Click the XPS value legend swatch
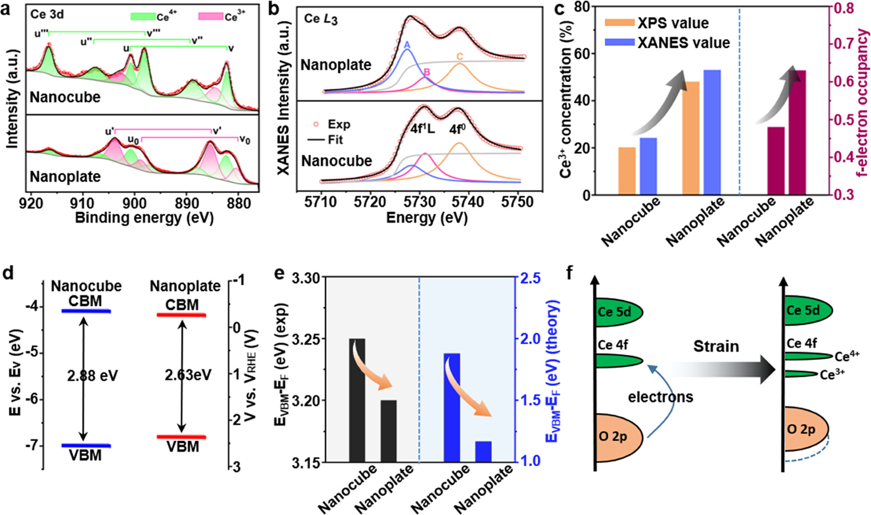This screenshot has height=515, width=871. (x=619, y=23)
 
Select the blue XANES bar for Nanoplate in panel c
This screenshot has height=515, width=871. (x=712, y=132)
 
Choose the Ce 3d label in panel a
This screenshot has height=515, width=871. (x=47, y=14)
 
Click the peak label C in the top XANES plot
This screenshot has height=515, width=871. (x=459, y=57)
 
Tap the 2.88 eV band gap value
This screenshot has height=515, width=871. (x=93, y=375)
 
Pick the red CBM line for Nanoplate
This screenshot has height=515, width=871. (x=181, y=315)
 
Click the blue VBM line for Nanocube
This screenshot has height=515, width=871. (x=86, y=445)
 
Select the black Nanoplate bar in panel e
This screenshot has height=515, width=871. (x=389, y=431)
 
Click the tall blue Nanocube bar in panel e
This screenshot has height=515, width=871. (x=452, y=408)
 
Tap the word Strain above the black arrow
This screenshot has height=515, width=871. (x=716, y=346)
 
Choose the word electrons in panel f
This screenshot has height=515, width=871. (x=660, y=397)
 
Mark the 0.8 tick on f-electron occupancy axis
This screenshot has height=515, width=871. (x=846, y=9)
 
